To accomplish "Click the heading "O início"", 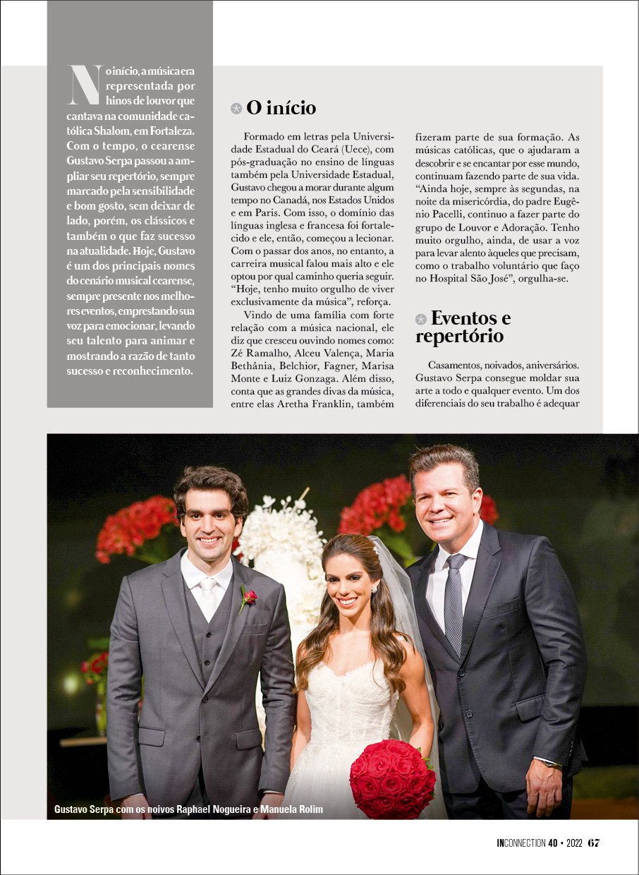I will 281,108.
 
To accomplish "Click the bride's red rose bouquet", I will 392,778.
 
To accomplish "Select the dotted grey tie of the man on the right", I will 454,600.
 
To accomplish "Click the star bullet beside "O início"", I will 236,109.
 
